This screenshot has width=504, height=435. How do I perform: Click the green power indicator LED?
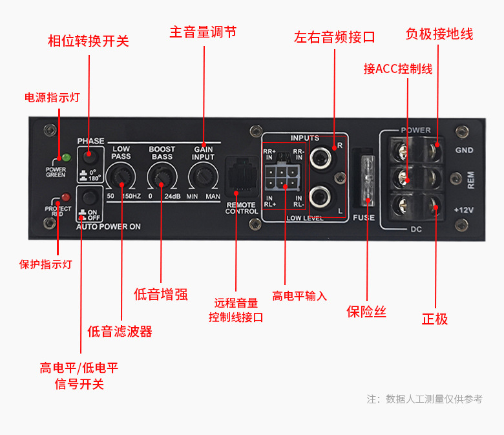(x=65, y=157)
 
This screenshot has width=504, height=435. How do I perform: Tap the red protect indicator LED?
(x=65, y=196)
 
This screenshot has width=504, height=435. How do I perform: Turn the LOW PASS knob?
(x=120, y=175)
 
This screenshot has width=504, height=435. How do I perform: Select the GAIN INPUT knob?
(x=203, y=175)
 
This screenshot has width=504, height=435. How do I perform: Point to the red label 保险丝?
(x=366, y=312)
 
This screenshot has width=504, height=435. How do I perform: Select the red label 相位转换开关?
(x=89, y=41)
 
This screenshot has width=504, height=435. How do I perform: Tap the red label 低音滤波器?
(x=120, y=332)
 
